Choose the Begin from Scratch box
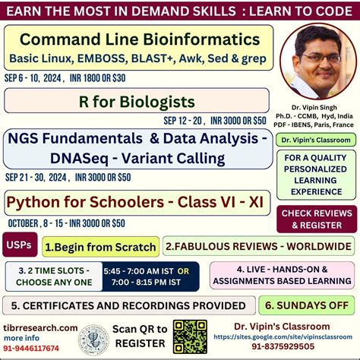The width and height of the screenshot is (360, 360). tap(100, 246)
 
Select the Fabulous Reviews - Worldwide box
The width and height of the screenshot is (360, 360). tap(258, 246)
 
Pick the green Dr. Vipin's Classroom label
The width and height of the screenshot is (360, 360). tap(316, 140)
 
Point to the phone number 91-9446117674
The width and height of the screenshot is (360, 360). tap(35, 349)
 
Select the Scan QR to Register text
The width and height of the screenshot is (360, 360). tap(139, 336)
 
